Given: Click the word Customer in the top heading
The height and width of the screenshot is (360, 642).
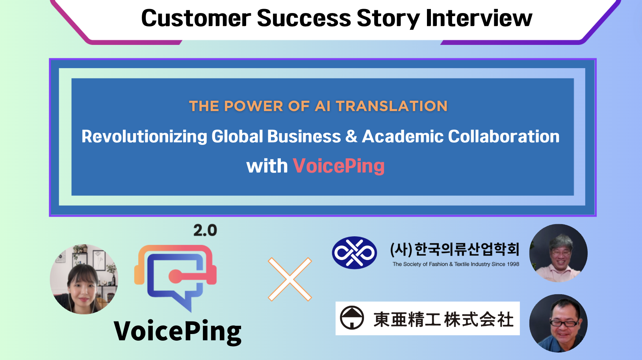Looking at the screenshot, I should (x=196, y=18).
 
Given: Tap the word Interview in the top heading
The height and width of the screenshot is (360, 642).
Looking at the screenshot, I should (x=479, y=18).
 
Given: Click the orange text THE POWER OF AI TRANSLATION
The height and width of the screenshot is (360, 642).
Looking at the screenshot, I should (x=318, y=106).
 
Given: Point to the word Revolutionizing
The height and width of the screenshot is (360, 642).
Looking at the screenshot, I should (x=144, y=137).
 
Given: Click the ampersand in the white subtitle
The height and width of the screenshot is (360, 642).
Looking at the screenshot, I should (x=351, y=137).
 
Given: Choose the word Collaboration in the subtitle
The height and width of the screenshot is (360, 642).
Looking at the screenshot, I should (x=504, y=137).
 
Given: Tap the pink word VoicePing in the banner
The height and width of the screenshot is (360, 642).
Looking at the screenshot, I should (x=339, y=166).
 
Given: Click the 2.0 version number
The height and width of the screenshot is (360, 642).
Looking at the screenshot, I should (x=205, y=230).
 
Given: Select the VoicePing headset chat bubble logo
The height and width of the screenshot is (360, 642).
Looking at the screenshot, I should (x=176, y=276).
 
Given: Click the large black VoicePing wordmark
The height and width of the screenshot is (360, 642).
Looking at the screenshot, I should (x=178, y=331).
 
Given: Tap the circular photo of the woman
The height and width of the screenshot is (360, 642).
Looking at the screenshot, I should (x=84, y=279).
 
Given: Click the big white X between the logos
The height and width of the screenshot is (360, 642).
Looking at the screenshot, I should (x=290, y=279).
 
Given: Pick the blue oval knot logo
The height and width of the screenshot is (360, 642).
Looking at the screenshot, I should (x=354, y=253).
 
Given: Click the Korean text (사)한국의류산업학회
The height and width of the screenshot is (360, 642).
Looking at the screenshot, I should (x=455, y=249).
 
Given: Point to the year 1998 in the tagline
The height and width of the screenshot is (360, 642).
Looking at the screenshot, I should (x=513, y=264).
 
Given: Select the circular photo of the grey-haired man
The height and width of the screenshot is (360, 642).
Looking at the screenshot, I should (x=558, y=253).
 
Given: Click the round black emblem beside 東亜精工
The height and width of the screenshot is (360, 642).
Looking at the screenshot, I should (x=352, y=317).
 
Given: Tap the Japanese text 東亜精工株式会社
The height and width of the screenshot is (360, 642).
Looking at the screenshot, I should (x=443, y=319).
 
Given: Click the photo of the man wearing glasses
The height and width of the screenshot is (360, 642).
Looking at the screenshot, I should (x=558, y=323).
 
